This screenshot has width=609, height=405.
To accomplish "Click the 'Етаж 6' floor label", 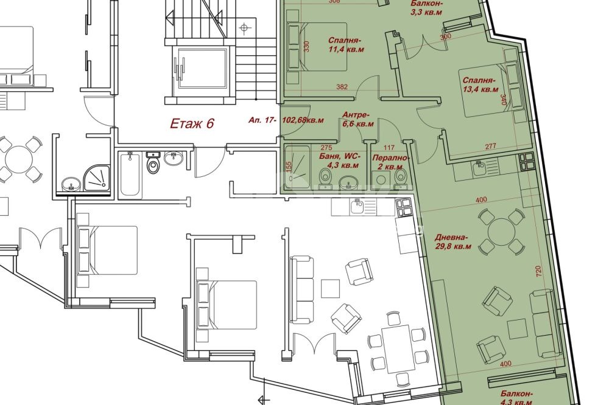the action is pos(192,123).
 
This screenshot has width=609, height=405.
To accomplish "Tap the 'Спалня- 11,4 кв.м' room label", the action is pos(345,44).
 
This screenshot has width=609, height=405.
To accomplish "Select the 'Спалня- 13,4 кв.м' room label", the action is pos(480,85).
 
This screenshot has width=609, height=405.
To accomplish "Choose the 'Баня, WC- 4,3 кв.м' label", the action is pos(340,161).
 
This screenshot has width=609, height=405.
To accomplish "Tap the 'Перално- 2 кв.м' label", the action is pos(390,162).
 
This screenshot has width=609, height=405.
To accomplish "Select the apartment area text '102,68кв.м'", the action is pos(303,120).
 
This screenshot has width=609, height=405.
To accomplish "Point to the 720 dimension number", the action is pos(538,271).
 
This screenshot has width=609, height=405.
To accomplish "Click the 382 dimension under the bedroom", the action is pos(342,87).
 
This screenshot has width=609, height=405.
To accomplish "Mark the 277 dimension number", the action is pos(490,146).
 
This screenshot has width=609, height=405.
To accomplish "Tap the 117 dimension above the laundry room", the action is pos(389,147).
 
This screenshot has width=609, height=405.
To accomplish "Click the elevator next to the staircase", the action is pos(201,69).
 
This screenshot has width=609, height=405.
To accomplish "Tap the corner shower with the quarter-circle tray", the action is pos(97,178).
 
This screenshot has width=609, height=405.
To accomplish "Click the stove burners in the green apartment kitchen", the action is pos(527,162).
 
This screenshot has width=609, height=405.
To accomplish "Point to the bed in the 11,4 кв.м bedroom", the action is pos(317,47).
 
